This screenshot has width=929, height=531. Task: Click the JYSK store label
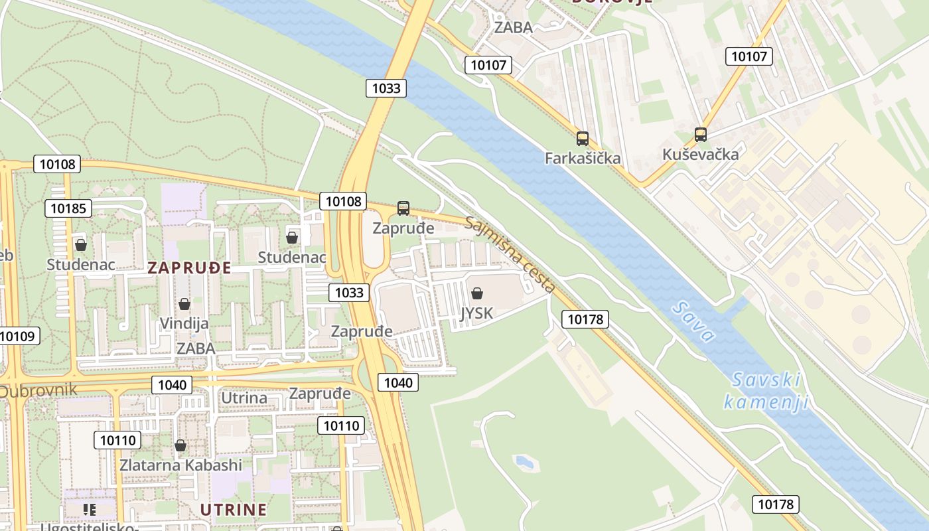pyautogui.click(x=476, y=313)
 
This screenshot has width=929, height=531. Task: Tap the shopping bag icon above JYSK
pyautogui.click(x=476, y=293)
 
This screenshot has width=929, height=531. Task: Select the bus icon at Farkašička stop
pyautogui.click(x=583, y=139)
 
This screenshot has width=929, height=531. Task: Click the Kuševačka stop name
pyautogui.click(x=700, y=155)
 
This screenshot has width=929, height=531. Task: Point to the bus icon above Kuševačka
pyautogui.click(x=700, y=135)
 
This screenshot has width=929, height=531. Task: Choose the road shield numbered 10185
pyautogui.click(x=68, y=208)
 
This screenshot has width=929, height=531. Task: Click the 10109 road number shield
pyautogui.click(x=18, y=336)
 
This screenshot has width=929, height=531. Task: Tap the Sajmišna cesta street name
pyautogui.click(x=510, y=254)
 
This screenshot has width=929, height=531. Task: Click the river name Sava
pyautogui.click(x=693, y=321)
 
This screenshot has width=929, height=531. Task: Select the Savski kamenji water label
pyautogui.click(x=766, y=391)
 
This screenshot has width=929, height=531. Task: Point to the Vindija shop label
pyautogui.click(x=184, y=324)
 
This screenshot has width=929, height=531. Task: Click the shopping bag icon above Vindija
pyautogui.click(x=184, y=304)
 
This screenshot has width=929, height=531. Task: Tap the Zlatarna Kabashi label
pyautogui.click(x=180, y=465)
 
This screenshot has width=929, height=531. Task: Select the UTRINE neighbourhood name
pyautogui.click(x=234, y=510)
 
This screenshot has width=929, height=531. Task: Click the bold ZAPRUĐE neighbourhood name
pyautogui.click(x=189, y=268)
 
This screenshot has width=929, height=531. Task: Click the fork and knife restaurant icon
pyautogui.click(x=90, y=510)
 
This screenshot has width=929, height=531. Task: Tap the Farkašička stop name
pyautogui.click(x=583, y=158)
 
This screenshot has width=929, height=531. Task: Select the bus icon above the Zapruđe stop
pyautogui.click(x=403, y=208)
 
